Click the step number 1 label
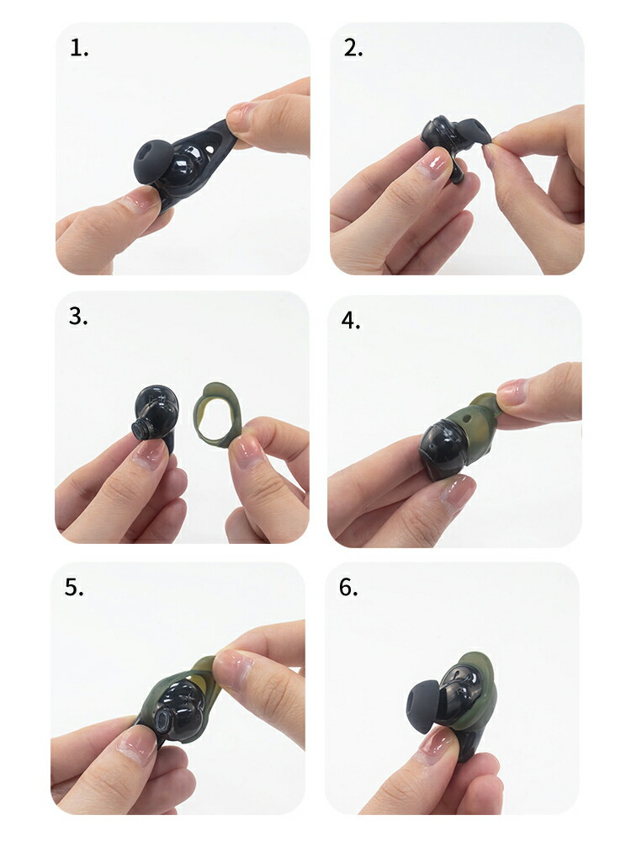(79, 48)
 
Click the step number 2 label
(353, 48)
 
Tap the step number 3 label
(78, 317)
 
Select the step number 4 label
(350, 321)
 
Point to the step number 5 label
(75, 587)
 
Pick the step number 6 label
(348, 587)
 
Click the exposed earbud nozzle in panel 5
(178, 716)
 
